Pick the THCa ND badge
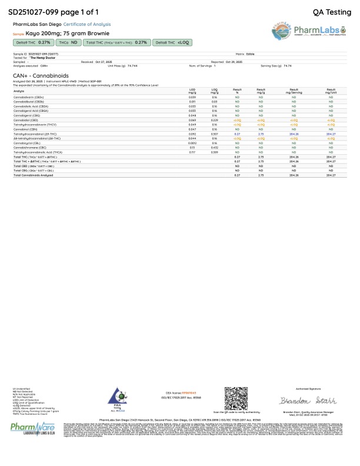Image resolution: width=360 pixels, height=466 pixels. [68, 42]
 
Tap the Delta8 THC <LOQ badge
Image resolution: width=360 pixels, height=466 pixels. [172, 42]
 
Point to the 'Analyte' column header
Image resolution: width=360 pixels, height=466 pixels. [19, 91]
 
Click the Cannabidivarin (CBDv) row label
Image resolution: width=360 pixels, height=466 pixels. [29, 96]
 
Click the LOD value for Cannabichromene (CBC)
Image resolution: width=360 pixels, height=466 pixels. [192, 147]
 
